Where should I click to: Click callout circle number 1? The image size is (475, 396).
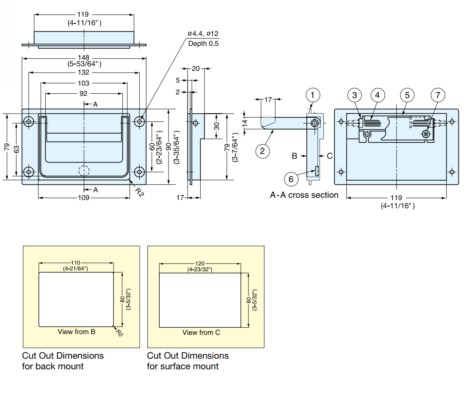pos(312,95)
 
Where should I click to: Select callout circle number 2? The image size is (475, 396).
pos(262,151)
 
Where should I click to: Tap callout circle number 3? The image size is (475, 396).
pos(355,95)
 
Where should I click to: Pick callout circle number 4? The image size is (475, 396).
pos(377,95)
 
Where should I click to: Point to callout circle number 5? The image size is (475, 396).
pos(407,95)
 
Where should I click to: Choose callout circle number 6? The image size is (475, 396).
pos(291,179)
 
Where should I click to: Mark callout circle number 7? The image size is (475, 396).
pos(438,95)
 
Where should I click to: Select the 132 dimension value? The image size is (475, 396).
pos(84,73)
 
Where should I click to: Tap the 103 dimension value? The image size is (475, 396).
pos(84,83)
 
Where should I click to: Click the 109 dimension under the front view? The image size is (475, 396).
pos(84,198)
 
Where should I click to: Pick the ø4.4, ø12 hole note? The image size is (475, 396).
pos(203,33)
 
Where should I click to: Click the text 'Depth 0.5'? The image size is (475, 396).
pos(203,43)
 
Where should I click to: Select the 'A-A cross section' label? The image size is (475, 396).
pos(304,195)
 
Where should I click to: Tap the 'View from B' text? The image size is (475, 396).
pos(76,332)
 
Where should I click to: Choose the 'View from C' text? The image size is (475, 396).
pos(201,332)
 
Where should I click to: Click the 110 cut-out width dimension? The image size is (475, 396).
pos(76,263)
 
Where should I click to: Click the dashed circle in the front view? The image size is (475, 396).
pos(84,171)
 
